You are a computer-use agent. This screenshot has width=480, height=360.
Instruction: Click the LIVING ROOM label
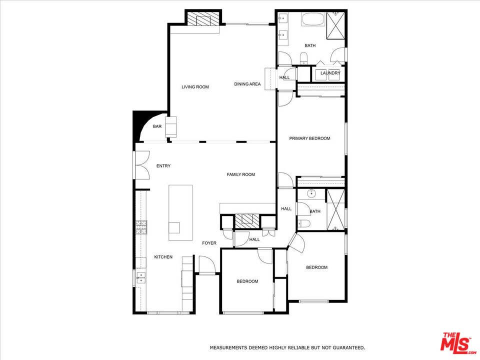195,87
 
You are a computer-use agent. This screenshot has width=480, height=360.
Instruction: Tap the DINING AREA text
247,84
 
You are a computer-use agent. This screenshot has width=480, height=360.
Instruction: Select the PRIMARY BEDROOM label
310,138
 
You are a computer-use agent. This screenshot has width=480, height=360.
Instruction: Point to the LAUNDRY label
330,73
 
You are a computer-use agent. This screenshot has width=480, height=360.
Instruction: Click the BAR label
157,127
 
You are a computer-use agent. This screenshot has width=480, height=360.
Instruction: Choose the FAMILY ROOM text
241,174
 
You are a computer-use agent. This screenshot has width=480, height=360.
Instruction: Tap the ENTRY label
163,166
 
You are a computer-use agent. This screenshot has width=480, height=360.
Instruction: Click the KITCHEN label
163,257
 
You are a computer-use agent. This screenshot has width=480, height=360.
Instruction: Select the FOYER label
209,243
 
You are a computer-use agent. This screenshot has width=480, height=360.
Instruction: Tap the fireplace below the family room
248,221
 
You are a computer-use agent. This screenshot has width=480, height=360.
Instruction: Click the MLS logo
456,343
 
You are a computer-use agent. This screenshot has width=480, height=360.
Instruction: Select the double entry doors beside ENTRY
141,165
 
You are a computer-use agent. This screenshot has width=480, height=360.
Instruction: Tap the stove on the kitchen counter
141,227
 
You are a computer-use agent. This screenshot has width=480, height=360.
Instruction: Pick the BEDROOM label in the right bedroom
316,267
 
